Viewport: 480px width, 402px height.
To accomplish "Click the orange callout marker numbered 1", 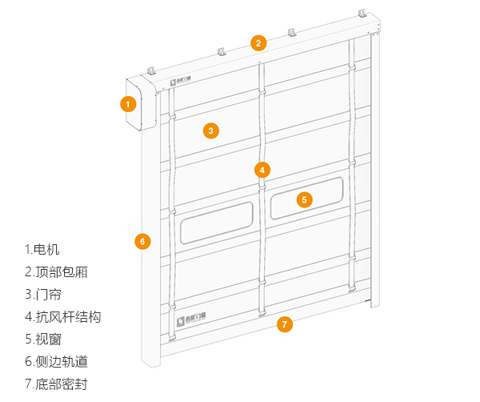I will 127,103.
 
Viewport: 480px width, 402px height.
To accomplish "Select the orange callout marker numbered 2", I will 258,42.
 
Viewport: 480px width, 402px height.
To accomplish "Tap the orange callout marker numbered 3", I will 210,131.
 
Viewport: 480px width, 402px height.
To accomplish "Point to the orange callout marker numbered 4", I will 262,170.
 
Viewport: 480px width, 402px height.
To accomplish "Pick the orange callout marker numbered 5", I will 304,199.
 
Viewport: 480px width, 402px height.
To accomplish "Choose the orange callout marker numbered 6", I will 142,241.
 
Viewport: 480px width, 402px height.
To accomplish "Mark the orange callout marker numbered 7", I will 284,324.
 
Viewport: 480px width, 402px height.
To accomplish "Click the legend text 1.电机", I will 42,249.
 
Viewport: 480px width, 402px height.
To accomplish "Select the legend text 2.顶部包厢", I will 56,271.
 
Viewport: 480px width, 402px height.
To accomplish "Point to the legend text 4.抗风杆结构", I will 62,316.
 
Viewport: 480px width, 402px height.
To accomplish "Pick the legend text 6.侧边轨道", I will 56,361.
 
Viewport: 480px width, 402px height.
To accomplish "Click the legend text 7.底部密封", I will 56,384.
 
